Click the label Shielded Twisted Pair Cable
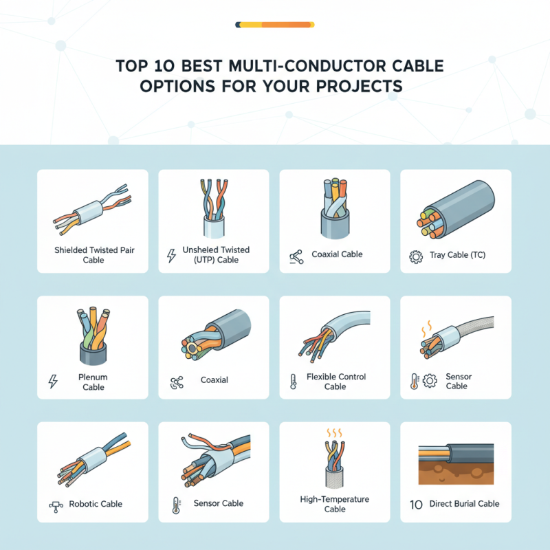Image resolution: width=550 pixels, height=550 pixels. point(93,255)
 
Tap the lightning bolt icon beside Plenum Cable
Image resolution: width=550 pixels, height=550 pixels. point(52,382)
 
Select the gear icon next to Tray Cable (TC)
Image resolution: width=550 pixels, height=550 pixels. point(415,256)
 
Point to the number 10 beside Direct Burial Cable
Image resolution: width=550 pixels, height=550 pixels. point(415,504)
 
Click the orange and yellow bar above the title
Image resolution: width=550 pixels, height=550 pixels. point(275,25)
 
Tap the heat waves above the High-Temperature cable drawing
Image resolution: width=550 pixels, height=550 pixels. point(335,434)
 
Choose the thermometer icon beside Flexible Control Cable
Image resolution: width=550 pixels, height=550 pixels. point(292,382)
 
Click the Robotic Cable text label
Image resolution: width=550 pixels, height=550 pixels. point(96,504)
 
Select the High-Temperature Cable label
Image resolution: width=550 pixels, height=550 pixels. point(335,504)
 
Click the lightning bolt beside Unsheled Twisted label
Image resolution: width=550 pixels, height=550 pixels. point(172,256)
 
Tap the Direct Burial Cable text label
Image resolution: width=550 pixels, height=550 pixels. point(464,504)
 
